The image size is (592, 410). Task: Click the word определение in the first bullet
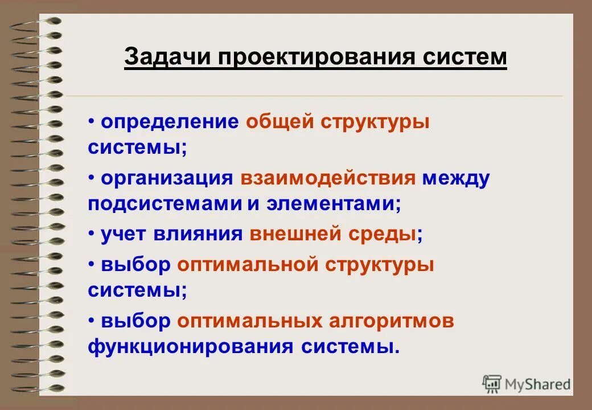pyautogui.click(x=170, y=122)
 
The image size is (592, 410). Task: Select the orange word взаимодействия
pyautogui.click(x=328, y=178)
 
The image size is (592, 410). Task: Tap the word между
pyautogui.click(x=455, y=178)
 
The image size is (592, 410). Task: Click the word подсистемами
pyautogui.click(x=165, y=204)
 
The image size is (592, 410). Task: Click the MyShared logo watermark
pyautogui.click(x=527, y=384)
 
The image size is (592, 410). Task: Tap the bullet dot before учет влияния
pyautogui.click(x=92, y=233)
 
